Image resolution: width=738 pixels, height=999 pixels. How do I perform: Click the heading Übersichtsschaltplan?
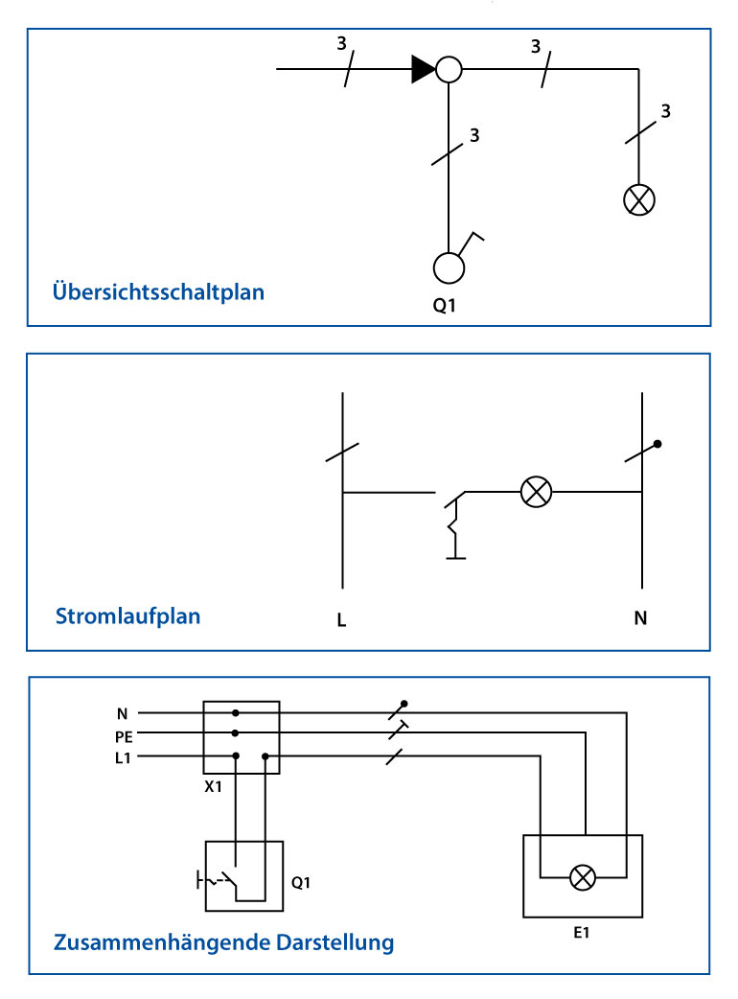click(x=158, y=291)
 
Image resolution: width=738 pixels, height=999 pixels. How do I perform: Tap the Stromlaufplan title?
click(x=128, y=616)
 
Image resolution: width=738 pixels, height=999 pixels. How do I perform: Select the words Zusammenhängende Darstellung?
click(x=223, y=942)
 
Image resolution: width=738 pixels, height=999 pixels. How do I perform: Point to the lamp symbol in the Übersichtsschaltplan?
click(x=638, y=200)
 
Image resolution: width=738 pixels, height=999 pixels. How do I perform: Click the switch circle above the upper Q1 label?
click(x=449, y=267)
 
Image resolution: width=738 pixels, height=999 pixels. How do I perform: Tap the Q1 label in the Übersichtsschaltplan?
click(x=445, y=306)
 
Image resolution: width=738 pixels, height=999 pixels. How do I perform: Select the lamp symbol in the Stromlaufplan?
click(x=536, y=492)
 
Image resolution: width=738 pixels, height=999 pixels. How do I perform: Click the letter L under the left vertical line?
click(x=342, y=620)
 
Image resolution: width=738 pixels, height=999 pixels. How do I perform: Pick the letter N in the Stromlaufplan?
click(x=640, y=618)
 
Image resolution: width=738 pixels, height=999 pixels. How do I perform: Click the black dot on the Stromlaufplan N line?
click(x=657, y=444)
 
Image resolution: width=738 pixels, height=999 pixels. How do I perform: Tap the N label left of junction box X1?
click(x=123, y=714)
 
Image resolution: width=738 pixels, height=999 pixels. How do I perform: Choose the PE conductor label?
click(x=124, y=737)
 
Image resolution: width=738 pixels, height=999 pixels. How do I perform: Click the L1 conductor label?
click(x=123, y=758)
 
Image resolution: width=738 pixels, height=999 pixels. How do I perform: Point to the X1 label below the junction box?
click(x=214, y=787)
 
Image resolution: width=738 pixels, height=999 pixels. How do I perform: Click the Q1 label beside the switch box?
click(x=301, y=882)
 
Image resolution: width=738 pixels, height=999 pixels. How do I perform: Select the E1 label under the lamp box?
click(x=582, y=933)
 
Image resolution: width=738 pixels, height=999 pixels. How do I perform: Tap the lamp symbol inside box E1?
click(x=582, y=877)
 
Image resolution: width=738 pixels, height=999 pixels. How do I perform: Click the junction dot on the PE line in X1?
click(x=236, y=733)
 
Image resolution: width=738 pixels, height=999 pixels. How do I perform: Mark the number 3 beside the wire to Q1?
click(x=474, y=135)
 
